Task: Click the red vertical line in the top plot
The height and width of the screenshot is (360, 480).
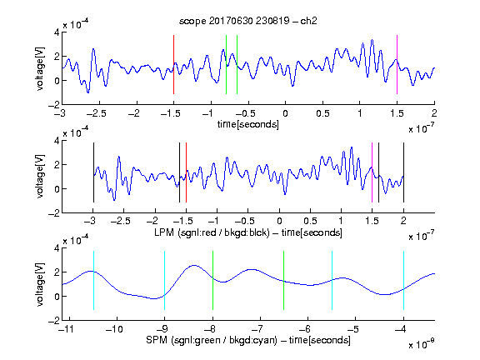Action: pyautogui.click(x=173, y=65)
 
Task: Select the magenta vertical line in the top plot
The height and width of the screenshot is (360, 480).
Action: pyautogui.click(x=397, y=65)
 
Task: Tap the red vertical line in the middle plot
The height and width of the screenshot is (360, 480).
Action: pyautogui.click(x=186, y=172)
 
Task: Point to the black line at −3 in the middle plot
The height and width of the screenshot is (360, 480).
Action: pyautogui.click(x=93, y=172)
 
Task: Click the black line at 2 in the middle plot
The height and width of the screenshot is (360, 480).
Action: pyautogui.click(x=403, y=172)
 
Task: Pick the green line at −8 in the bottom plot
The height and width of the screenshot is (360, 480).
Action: pyautogui.click(x=212, y=280)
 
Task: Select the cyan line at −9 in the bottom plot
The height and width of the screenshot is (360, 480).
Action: pyautogui.click(x=165, y=280)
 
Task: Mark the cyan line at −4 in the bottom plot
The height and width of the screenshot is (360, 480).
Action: pyautogui.click(x=403, y=280)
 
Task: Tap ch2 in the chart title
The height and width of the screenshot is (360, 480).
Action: pyautogui.click(x=308, y=21)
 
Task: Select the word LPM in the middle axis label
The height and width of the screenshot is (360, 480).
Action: pyautogui.click(x=164, y=232)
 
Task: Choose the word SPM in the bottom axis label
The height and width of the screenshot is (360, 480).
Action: pyautogui.click(x=157, y=340)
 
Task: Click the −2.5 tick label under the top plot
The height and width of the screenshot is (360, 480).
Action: pyautogui.click(x=97, y=113)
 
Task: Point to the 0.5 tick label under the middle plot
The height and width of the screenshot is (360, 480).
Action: pyautogui.click(x=310, y=221)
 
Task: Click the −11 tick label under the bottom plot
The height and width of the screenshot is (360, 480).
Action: pyautogui.click(x=67, y=329)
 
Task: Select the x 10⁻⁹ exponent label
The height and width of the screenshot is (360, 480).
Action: pyautogui.click(x=421, y=343)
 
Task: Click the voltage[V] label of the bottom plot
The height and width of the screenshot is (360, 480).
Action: pyautogui.click(x=40, y=284)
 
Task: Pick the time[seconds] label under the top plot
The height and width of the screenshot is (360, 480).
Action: pyautogui.click(x=248, y=125)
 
